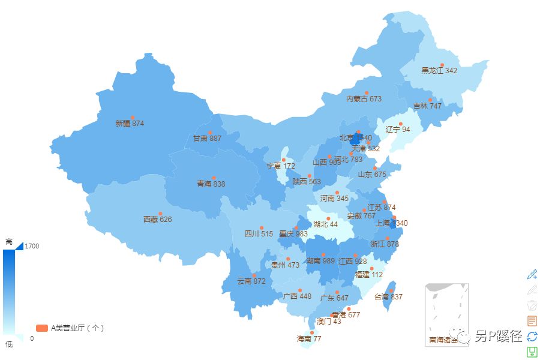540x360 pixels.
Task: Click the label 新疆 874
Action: click(x=130, y=124)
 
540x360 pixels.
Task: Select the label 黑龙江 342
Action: click(x=439, y=71)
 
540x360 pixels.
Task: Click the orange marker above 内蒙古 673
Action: click(x=367, y=93)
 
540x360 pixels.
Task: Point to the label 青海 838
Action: click(x=211, y=184)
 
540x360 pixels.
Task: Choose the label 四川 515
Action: click(x=259, y=234)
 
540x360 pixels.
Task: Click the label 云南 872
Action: click(x=251, y=281)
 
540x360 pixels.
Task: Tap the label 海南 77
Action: click(x=309, y=339)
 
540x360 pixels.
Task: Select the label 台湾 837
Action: click(x=388, y=297)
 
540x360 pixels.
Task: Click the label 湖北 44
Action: click(x=325, y=224)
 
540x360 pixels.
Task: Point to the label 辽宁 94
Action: click(x=398, y=130)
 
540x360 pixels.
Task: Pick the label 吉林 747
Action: click(x=427, y=106)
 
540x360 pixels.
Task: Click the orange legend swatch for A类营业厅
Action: click(x=41, y=328)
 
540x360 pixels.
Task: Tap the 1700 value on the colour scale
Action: click(x=32, y=246)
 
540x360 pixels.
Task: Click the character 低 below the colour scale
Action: click(x=9, y=344)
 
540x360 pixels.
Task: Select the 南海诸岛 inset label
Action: click(x=446, y=340)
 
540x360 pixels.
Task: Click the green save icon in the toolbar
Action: click(x=532, y=352)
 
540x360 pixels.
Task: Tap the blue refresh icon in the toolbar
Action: click(x=532, y=337)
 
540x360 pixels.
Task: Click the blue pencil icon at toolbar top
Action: click(x=532, y=274)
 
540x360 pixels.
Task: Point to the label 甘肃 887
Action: click(x=207, y=139)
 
